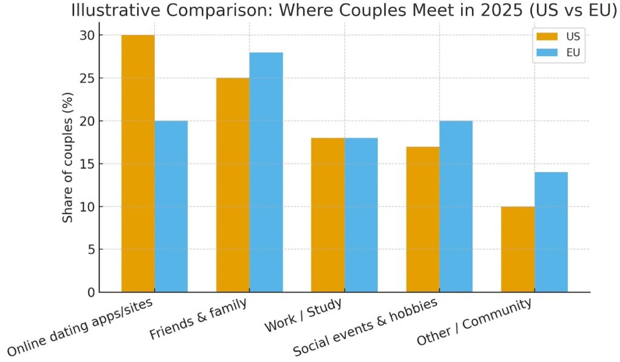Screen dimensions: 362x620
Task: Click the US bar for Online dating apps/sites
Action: (x=138, y=163)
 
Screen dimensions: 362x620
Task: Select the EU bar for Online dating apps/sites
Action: (x=171, y=206)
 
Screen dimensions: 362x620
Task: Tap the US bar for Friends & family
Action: (x=232, y=185)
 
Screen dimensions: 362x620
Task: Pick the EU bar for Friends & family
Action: (x=266, y=172)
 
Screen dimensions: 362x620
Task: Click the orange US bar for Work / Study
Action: (x=328, y=215)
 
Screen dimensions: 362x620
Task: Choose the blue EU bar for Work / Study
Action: (x=361, y=215)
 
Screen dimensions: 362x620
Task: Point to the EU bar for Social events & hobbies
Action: (x=456, y=206)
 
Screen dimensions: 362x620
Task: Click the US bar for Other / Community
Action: (x=518, y=249)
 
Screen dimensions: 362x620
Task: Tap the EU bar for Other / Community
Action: (x=551, y=232)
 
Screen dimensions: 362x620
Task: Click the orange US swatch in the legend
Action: (x=546, y=36)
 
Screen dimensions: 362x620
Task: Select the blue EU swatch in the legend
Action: (x=546, y=53)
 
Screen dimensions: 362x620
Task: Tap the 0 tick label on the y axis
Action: (x=91, y=293)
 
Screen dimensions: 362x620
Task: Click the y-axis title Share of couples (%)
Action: (x=68, y=157)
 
